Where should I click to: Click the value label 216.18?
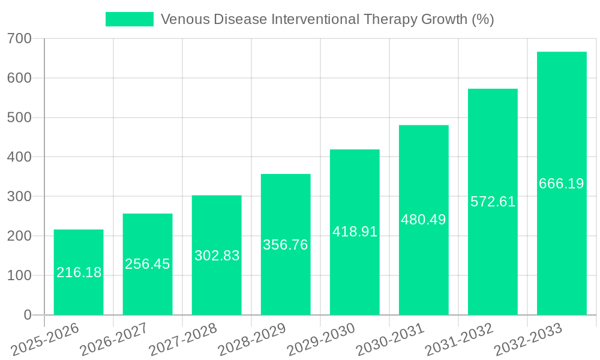(x=79, y=272)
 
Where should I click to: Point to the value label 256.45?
(x=148, y=264)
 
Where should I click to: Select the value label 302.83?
(x=217, y=255)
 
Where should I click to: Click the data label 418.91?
(x=355, y=232)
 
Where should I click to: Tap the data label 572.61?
(x=493, y=202)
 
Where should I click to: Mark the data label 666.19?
(x=562, y=184)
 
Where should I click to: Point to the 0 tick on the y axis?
(x=28, y=315)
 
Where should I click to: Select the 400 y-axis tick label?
(x=19, y=157)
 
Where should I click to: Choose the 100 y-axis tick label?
(x=19, y=275)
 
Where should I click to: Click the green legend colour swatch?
(x=129, y=19)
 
